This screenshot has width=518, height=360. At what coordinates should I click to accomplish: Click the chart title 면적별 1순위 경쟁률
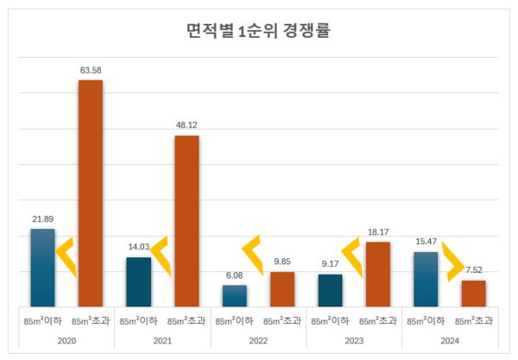tap(258, 33)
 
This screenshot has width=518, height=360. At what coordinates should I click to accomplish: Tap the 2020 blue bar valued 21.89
tap(42, 267)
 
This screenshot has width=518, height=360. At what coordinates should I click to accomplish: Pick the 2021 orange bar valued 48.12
tap(186, 220)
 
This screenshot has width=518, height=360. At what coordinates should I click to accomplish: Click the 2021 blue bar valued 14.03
tap(138, 281)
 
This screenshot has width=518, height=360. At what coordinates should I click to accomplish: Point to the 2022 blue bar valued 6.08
tap(234, 294)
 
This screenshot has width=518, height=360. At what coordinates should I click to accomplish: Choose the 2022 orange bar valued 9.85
tap(282, 288)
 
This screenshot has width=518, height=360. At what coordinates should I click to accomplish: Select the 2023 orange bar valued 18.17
tap(378, 273)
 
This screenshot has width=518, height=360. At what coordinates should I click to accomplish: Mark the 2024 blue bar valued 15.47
tap(426, 278)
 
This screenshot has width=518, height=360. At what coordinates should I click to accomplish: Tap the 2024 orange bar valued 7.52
tap(473, 293)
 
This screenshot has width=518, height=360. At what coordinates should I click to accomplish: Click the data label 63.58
tap(91, 69)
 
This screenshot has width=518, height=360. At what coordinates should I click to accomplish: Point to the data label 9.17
tap(331, 263)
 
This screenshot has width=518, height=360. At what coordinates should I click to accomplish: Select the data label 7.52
tap(473, 269)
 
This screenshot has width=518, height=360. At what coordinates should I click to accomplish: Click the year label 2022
tap(258, 340)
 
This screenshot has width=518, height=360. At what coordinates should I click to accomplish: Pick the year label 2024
tap(450, 340)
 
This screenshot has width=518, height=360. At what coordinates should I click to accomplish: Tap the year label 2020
tap(66, 340)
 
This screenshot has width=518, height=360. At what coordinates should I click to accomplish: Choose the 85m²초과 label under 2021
tap(186, 320)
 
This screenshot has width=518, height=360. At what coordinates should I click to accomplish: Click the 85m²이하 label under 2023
tap(331, 320)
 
